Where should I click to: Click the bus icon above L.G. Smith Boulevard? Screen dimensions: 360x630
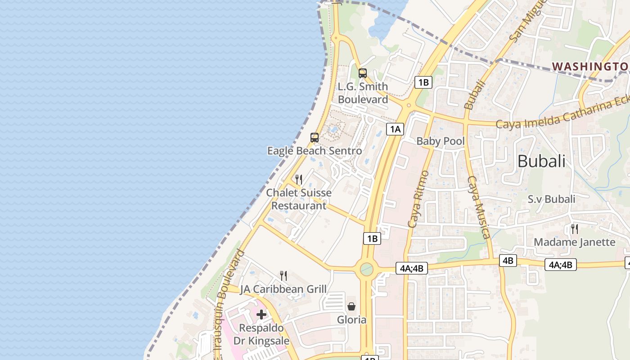[362, 73]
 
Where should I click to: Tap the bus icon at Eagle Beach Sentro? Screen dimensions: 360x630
[315, 138]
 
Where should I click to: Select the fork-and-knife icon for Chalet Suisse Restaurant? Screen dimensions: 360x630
[299, 180]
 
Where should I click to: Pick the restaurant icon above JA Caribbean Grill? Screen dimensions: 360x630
[283, 275]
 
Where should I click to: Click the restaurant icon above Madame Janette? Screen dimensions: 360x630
[574, 229]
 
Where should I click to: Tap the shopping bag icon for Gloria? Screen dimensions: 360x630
[351, 306]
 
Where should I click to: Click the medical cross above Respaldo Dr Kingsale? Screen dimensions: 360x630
[261, 315]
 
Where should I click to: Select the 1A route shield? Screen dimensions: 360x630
[395, 130]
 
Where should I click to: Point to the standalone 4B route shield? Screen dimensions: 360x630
[508, 261]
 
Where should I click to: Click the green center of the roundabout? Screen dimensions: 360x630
[366, 270]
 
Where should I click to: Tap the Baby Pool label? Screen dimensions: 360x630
[440, 141]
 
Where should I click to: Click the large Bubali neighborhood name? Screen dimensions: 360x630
[541, 161]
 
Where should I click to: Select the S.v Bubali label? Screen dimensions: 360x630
[551, 199]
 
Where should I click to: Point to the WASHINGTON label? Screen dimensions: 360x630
[589, 67]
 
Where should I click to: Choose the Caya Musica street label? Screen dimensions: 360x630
[478, 207]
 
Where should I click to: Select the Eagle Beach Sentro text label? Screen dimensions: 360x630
[315, 151]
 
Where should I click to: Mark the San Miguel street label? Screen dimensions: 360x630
[527, 20]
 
